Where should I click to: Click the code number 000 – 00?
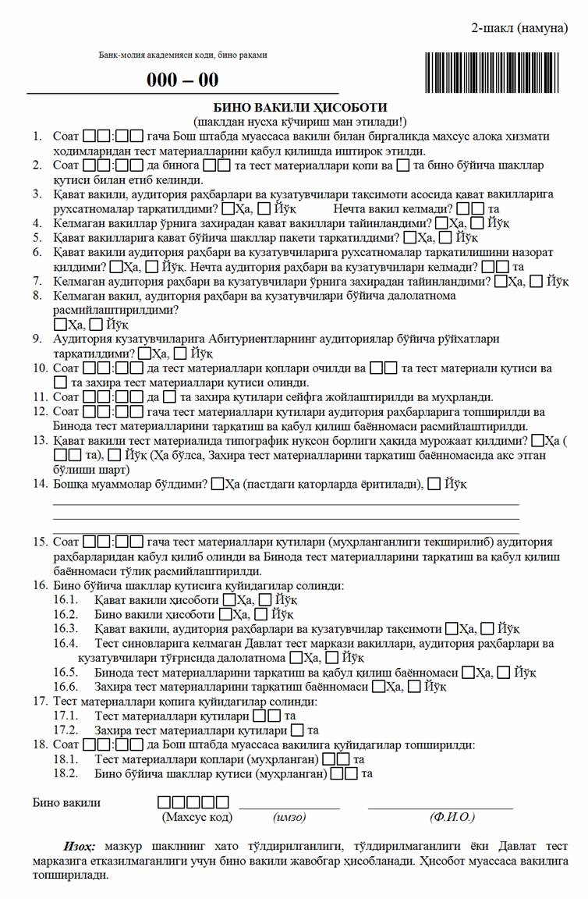point(183,80)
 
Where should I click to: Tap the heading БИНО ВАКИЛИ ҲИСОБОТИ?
point(300,108)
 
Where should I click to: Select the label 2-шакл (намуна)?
point(519,29)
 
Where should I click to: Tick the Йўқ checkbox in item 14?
point(434,484)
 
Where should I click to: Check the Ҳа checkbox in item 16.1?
point(229,599)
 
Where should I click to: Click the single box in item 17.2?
point(297,730)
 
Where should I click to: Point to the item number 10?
point(38,368)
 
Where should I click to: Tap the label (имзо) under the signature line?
point(289,817)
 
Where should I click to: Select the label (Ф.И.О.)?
point(452,817)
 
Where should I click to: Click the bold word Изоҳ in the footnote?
point(80,847)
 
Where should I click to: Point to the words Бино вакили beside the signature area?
point(66,802)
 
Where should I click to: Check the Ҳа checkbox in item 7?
point(500,281)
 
